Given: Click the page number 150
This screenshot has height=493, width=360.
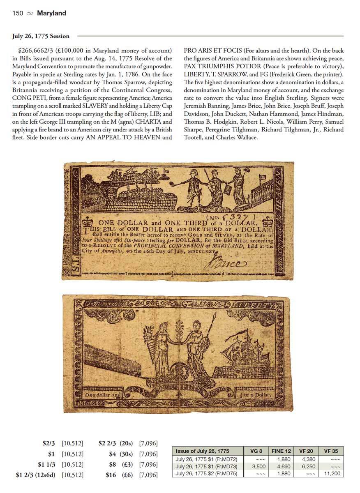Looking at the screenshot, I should coord(18,13).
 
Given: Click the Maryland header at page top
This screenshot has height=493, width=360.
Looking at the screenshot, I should coord(51,13).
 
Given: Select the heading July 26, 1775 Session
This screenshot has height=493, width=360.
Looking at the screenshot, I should coord(41,36).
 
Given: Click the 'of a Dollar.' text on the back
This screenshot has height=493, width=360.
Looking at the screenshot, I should coord(255,395).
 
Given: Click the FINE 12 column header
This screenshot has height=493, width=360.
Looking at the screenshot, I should coord(281,451).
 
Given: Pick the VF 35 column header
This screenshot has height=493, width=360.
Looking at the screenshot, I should coord(331,451).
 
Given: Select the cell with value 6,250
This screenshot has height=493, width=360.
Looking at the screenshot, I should coord(307,466).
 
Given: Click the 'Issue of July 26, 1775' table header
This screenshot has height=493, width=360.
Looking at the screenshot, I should coord(202,451).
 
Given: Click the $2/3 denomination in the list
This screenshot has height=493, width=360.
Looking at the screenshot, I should coord(49,443).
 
